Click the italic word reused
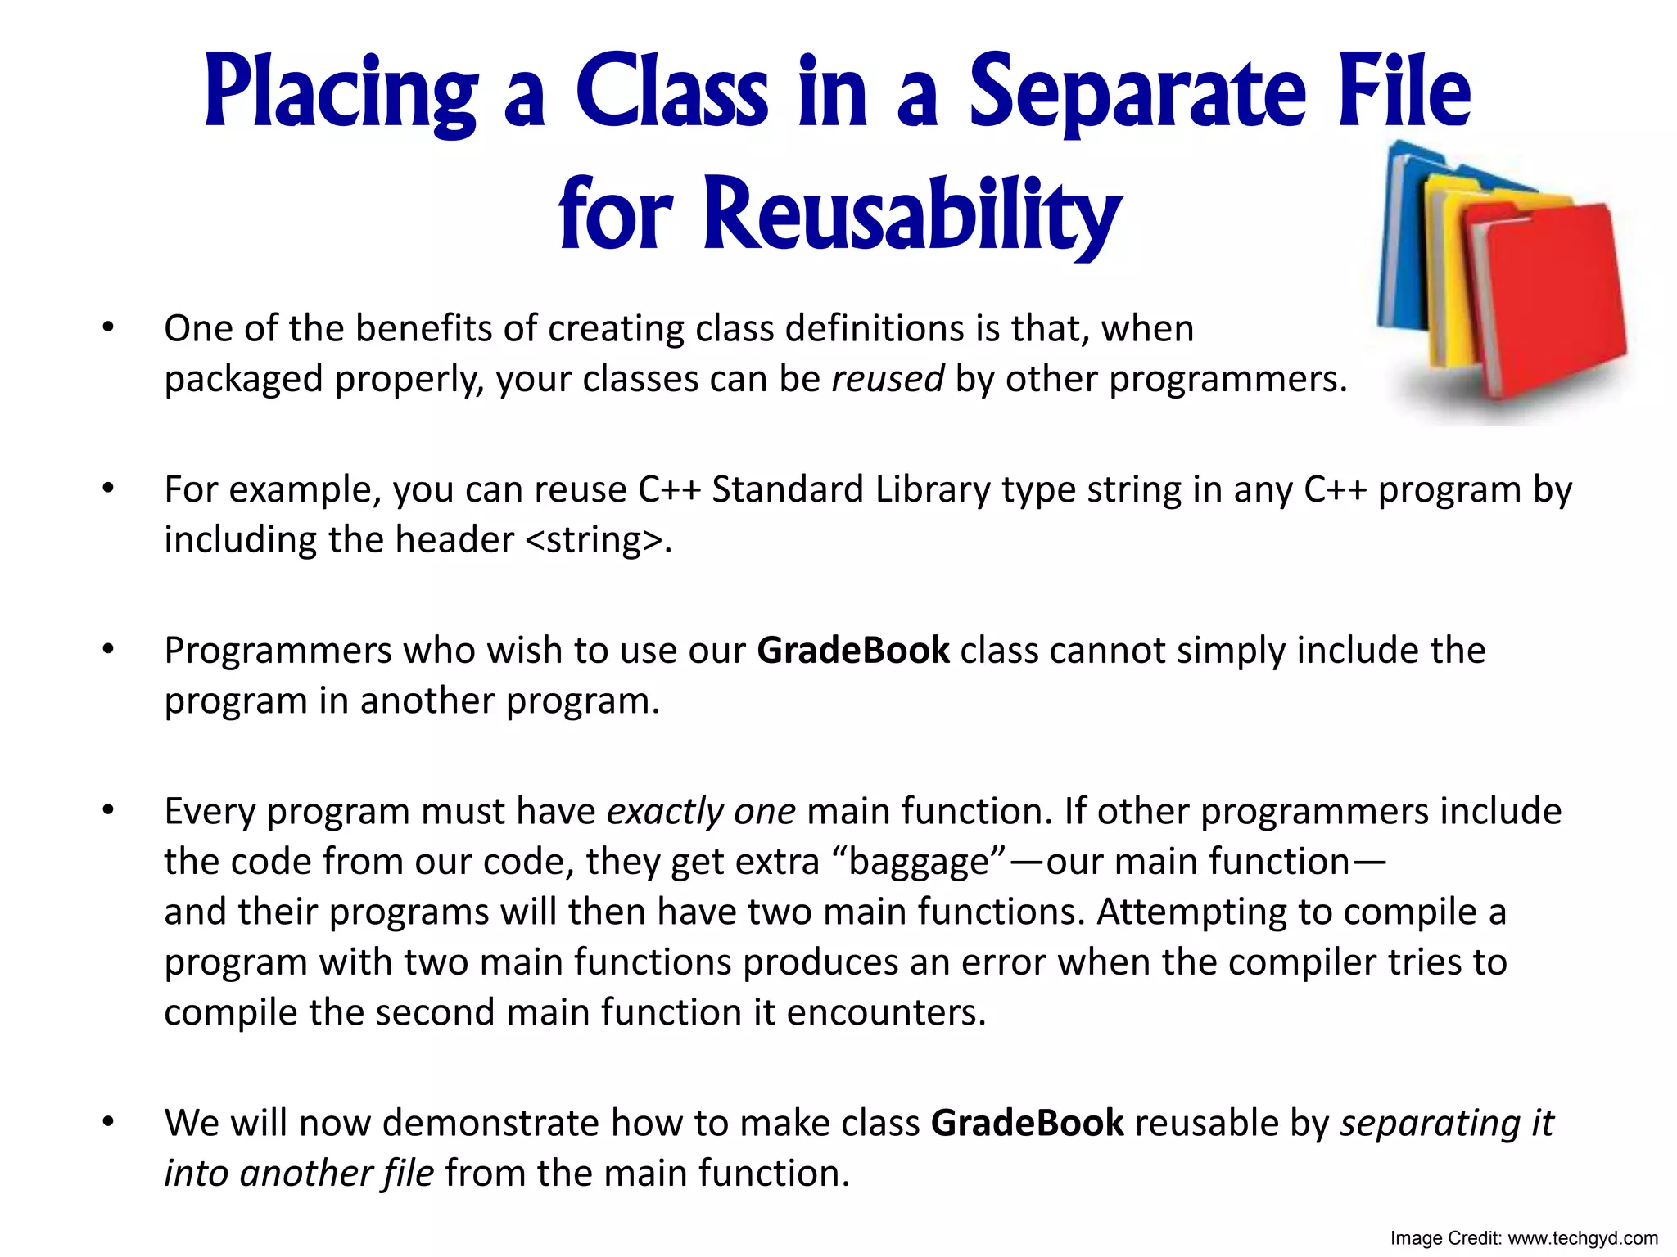(x=888, y=379)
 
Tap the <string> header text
(x=592, y=540)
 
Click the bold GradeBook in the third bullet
(x=852, y=651)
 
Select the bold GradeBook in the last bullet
(x=1027, y=1124)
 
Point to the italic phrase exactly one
(x=701, y=812)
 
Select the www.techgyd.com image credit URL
(x=1582, y=1238)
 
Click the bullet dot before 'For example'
(x=108, y=489)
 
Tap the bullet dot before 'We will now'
(x=108, y=1122)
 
